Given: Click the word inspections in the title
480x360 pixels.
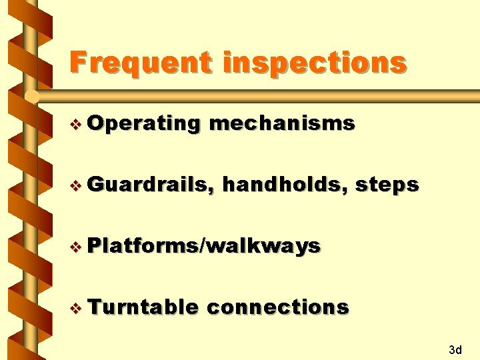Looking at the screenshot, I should pyautogui.click(x=315, y=63).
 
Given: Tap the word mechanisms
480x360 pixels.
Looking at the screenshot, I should pyautogui.click(x=282, y=123).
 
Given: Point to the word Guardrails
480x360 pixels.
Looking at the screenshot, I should pyautogui.click(x=149, y=185).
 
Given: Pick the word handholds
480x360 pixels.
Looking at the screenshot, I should pyautogui.click(x=283, y=184).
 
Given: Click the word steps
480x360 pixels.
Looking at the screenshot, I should pyautogui.click(x=387, y=185).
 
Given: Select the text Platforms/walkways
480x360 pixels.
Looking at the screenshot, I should pyautogui.click(x=204, y=246).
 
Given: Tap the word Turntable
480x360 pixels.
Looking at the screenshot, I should pyautogui.click(x=142, y=307).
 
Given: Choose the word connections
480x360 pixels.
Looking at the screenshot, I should pyautogui.click(x=278, y=307).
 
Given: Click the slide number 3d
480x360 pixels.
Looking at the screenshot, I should pyautogui.click(x=456, y=349).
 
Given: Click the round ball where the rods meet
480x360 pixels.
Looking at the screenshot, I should pyautogui.click(x=31, y=97).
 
